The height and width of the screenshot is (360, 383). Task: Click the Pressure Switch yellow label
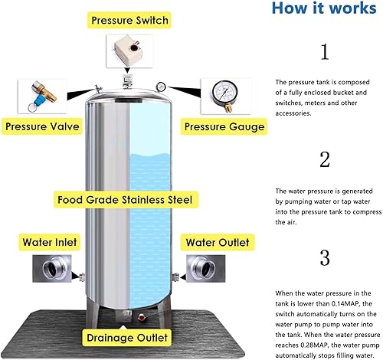[132, 19]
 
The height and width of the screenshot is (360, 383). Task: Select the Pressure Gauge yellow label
[222, 126]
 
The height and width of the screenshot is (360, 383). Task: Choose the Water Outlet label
[217, 242]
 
